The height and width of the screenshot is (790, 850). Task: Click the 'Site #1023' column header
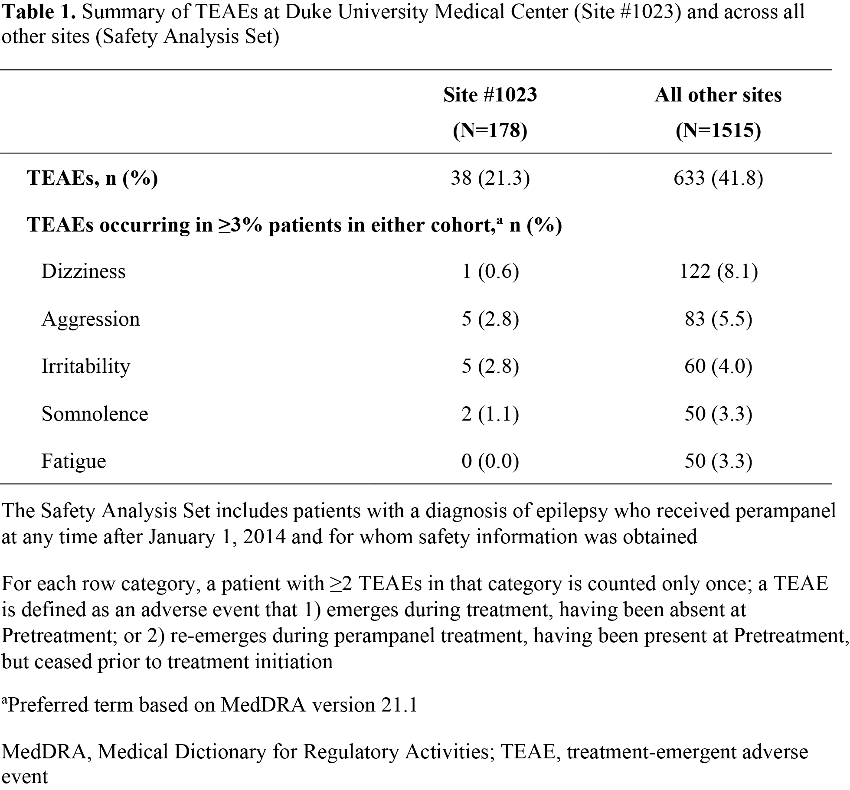[490, 95]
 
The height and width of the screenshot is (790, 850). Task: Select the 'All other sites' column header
[718, 95]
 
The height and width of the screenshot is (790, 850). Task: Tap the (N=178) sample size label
[490, 130]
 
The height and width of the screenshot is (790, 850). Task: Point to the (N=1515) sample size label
[718, 130]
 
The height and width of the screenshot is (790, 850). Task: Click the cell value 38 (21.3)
[490, 178]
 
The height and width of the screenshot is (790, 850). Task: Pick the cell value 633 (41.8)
[718, 178]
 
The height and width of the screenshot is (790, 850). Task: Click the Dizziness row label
[83, 271]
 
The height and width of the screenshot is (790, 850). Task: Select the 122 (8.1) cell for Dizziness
[718, 271]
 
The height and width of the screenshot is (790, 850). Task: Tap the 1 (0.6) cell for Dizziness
[490, 271]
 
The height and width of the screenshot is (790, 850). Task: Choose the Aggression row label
[91, 319]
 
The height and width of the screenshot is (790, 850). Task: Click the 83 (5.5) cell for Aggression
[718, 319]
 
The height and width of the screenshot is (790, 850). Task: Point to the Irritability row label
[85, 366]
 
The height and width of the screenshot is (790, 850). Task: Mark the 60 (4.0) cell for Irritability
[718, 366]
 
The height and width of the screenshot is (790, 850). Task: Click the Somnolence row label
[95, 414]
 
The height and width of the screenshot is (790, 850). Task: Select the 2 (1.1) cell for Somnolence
[490, 414]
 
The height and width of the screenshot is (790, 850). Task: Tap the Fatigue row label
[74, 461]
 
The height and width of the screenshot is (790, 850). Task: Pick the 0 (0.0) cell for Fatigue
[490, 461]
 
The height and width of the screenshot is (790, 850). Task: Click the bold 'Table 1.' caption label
[39, 12]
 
